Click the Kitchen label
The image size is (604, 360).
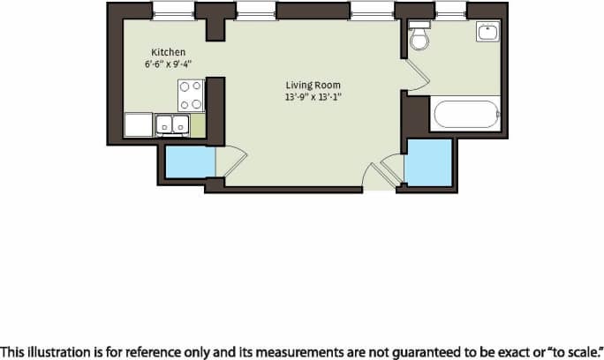(168, 52)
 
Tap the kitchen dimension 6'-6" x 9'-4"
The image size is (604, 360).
(168, 64)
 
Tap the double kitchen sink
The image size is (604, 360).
(172, 125)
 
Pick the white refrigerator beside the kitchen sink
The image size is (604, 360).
(139, 125)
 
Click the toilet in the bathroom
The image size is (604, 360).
(419, 36)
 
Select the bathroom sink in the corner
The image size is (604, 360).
(487, 34)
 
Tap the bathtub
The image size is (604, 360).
(466, 116)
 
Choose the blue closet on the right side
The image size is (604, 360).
(428, 161)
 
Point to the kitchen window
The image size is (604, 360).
(173, 11)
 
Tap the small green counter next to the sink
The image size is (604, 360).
(199, 125)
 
